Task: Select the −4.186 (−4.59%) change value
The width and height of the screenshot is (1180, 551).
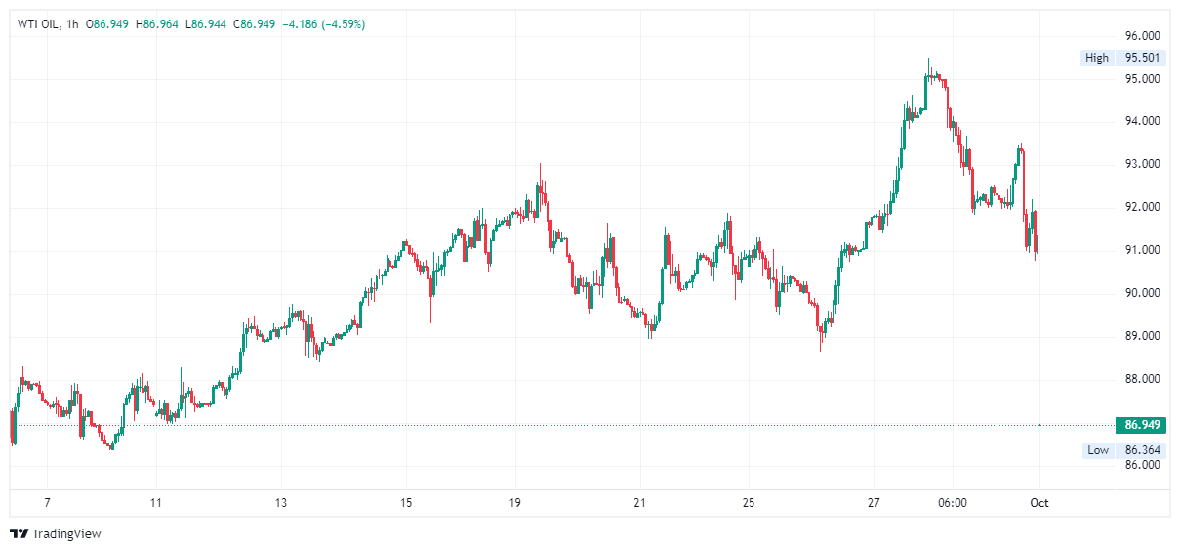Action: [324, 23]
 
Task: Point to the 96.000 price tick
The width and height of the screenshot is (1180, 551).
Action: [1143, 36]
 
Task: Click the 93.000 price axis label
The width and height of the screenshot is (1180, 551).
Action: [1143, 164]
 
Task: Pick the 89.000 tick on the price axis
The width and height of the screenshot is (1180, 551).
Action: [1143, 336]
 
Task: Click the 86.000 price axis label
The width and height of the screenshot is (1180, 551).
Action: [1143, 465]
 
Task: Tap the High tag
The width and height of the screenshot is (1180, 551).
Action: [1097, 58]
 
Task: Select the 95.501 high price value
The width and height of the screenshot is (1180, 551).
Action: [1143, 58]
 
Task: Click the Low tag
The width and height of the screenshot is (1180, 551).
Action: [1098, 450]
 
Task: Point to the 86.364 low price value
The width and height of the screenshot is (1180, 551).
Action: [1143, 450]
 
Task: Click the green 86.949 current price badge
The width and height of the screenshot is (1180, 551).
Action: [1142, 425]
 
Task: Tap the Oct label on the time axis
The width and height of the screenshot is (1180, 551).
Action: [1039, 503]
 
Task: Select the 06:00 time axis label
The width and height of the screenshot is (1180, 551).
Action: [952, 503]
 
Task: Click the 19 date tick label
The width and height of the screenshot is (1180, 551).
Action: [515, 503]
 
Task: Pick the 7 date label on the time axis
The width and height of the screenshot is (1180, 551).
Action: [47, 503]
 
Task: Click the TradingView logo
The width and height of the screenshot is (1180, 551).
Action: [56, 533]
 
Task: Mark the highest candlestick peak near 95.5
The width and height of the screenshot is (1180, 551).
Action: [928, 61]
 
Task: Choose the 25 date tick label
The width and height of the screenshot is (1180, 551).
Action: [749, 503]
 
